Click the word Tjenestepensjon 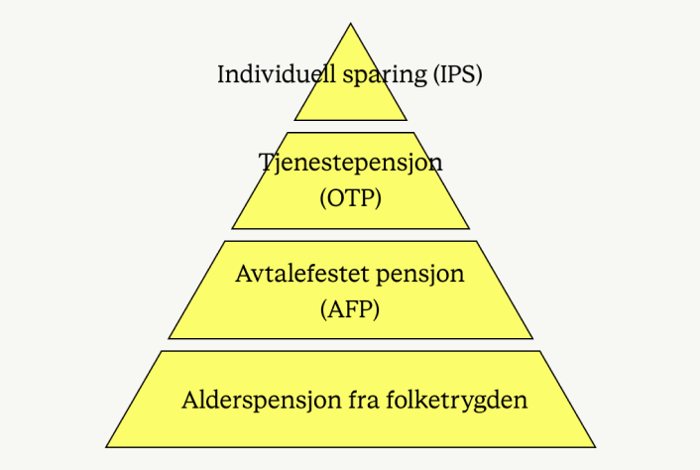[x=350, y=163]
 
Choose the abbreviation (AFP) [x=351, y=308]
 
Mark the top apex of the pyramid [x=351, y=24]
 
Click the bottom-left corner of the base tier [x=107, y=446]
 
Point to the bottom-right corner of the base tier [x=595, y=446]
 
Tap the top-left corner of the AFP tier [x=225, y=241]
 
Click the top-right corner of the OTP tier [x=411, y=133]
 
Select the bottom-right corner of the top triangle [x=407, y=120]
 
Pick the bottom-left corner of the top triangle [x=294, y=120]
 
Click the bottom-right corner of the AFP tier [x=532, y=338]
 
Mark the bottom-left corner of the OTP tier [x=232, y=229]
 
